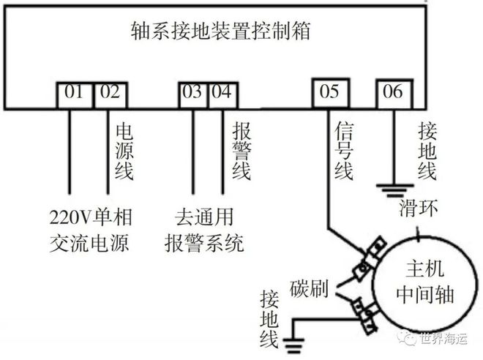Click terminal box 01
(73, 94)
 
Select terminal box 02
(110, 94)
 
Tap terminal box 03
(193, 94)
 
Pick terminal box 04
(222, 94)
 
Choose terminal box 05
(330, 92)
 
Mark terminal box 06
(393, 92)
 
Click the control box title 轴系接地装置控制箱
(220, 31)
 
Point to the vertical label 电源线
(124, 150)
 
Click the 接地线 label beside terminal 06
(427, 150)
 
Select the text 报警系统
(204, 243)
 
